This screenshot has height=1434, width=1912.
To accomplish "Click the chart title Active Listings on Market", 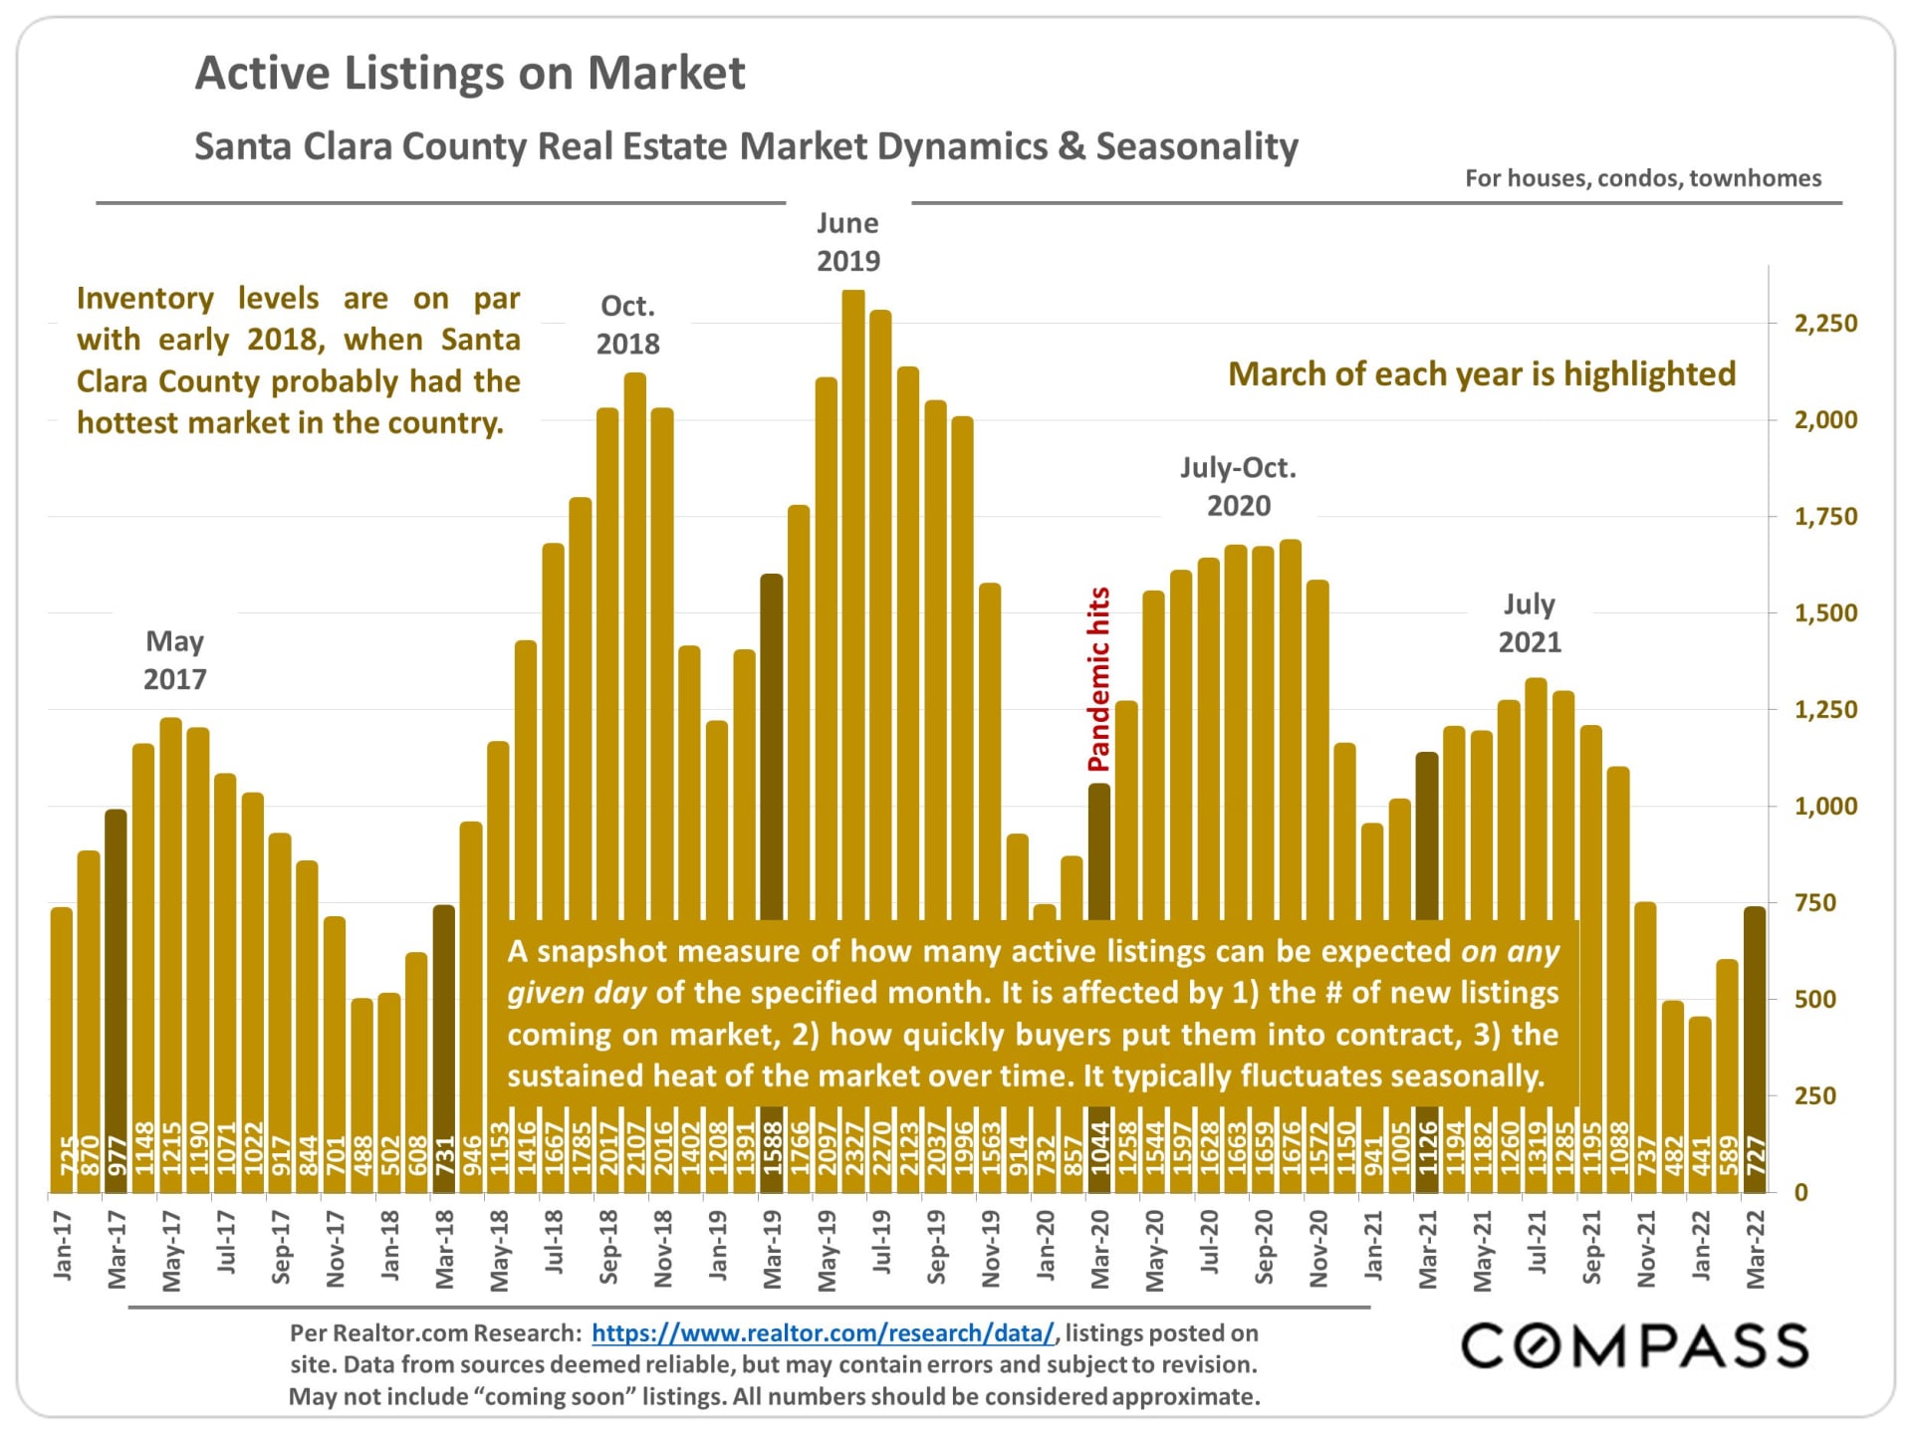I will point(469,74).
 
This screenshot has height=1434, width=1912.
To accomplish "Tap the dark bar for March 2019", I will point(772,747).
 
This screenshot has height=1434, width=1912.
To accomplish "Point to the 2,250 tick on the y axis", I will point(1825,324).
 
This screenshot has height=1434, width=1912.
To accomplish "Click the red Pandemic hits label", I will point(1098,679).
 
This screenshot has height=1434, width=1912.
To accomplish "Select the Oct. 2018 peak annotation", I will point(627,325).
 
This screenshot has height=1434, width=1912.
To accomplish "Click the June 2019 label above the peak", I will point(848,242).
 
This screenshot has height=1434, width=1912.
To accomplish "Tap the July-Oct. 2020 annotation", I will point(1238,487).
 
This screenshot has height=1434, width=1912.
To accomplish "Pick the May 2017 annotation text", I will point(175,660).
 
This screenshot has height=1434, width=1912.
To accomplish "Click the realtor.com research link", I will point(823,1333).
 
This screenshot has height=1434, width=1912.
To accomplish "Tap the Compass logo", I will point(1634,1346).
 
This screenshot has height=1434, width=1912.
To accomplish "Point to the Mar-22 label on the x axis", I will point(1755,1250).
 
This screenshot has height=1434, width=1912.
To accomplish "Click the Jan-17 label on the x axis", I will point(62,1245).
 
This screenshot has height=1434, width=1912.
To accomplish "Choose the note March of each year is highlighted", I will point(1481,374).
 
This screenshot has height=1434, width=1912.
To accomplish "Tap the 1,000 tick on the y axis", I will point(1825,807).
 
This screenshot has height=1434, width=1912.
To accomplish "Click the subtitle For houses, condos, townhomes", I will point(1642,178).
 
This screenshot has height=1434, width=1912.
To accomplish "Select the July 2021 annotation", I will point(1530,623).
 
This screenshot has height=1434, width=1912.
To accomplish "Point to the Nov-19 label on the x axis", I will point(990,1249).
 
